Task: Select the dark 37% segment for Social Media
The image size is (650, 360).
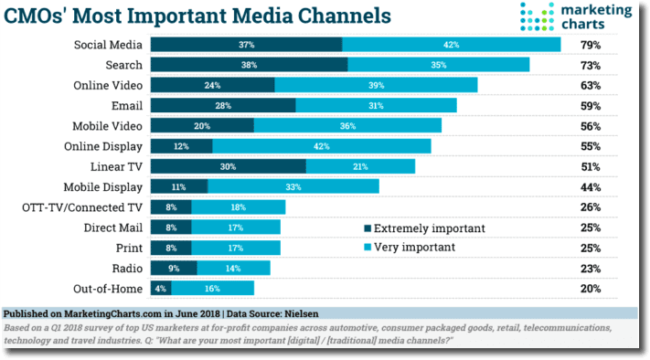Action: pos(246,45)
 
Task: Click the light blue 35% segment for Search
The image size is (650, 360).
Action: pos(438,65)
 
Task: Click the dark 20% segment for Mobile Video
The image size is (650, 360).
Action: pos(202,125)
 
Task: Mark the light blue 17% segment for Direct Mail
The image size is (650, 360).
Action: pos(236,227)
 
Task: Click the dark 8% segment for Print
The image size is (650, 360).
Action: pos(171,248)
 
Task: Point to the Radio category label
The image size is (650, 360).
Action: pos(124,268)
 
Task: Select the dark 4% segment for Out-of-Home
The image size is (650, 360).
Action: pos(160,288)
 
